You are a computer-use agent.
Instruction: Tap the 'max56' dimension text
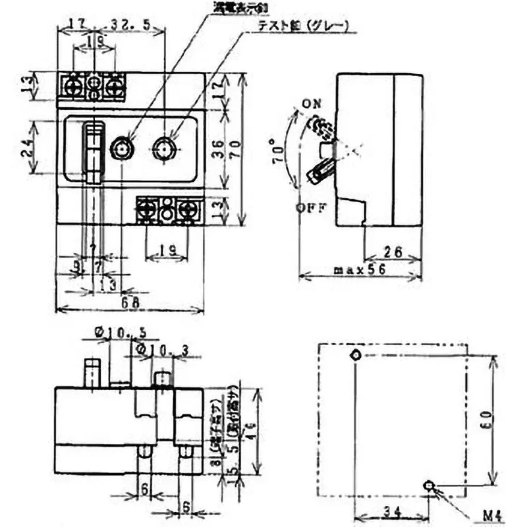click(360, 270)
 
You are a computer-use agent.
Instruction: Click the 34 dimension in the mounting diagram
click(391, 509)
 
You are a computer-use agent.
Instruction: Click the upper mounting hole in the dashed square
click(356, 354)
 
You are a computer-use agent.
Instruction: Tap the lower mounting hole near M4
click(430, 486)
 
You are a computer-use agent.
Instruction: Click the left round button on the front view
click(121, 150)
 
